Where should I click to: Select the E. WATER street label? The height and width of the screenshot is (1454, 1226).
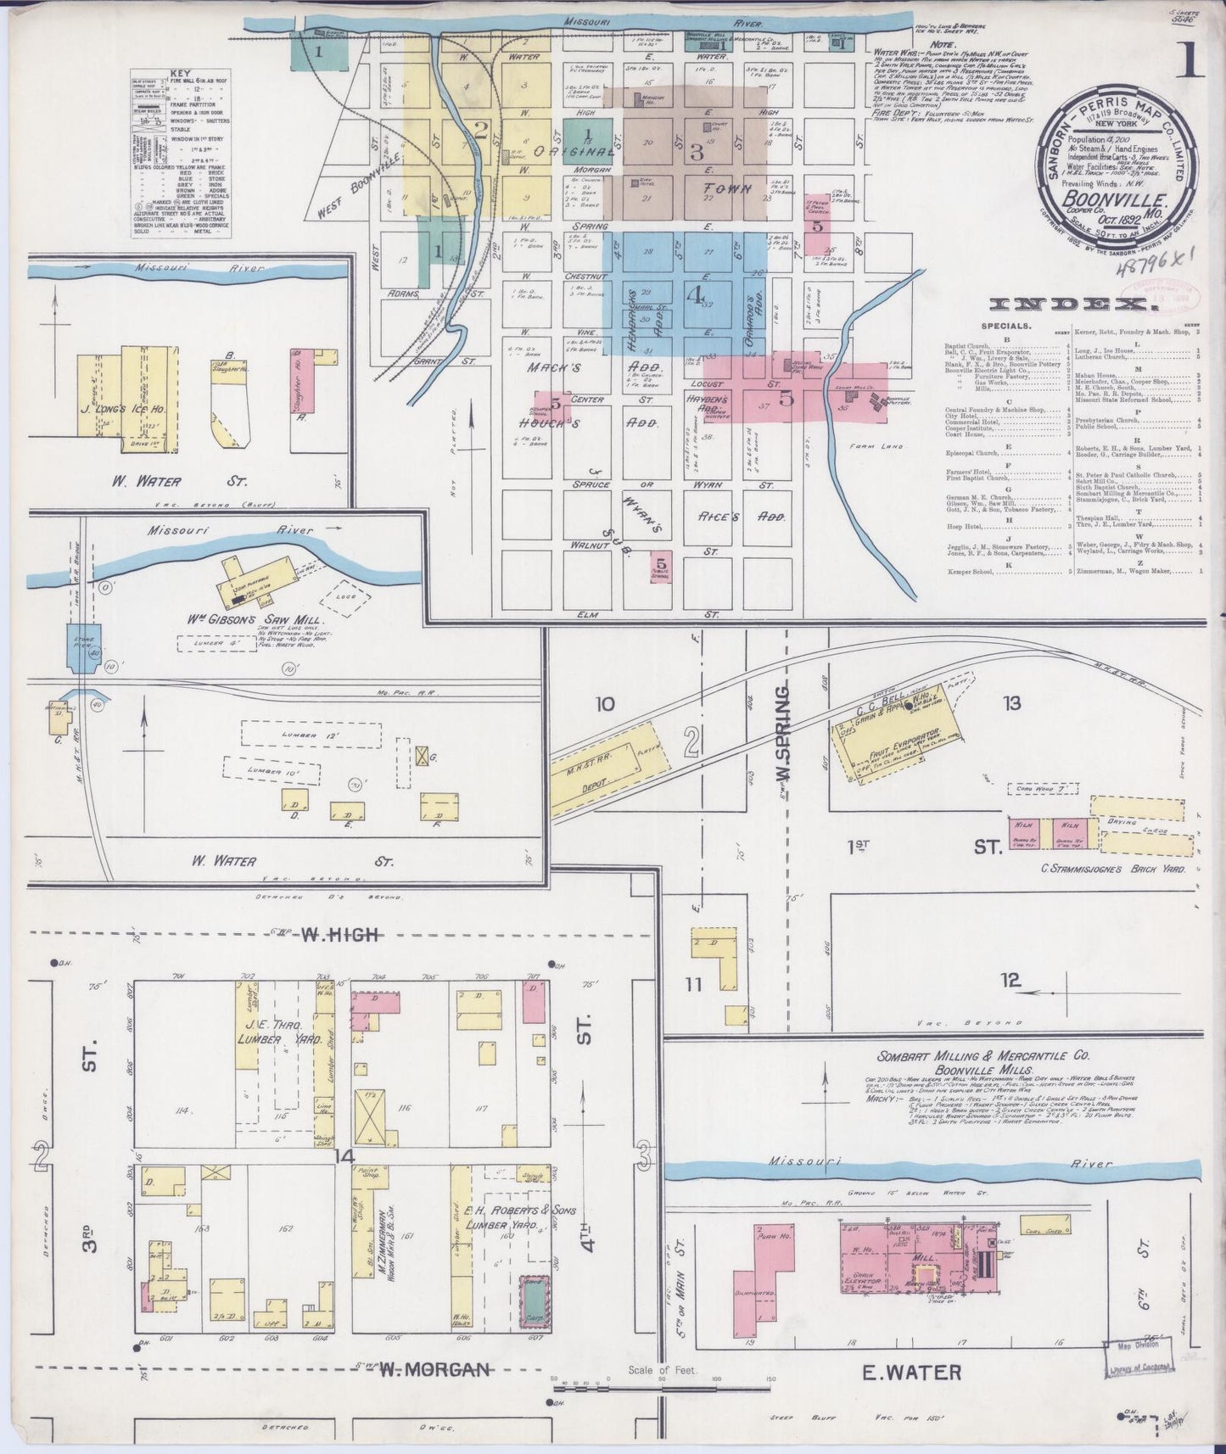point(912,1371)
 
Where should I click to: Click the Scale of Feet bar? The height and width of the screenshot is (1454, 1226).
point(661,1387)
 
